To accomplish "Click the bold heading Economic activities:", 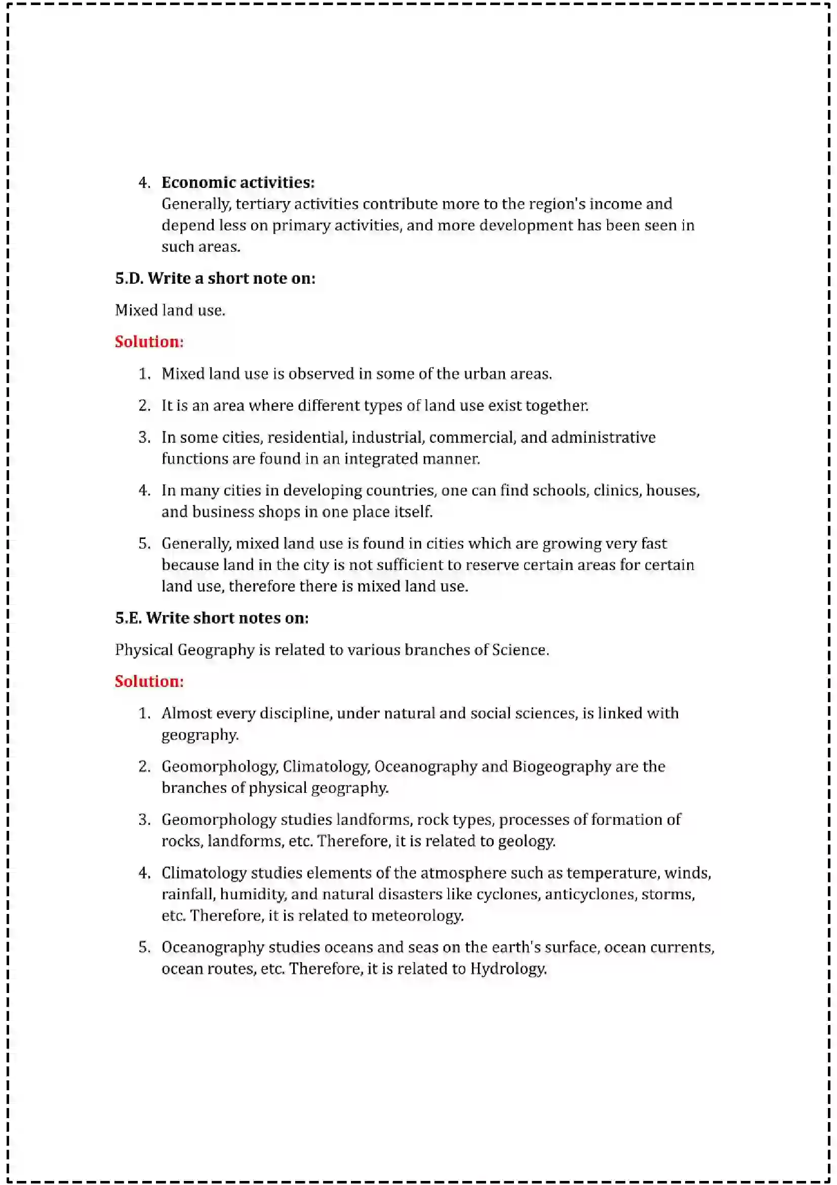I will [x=238, y=182].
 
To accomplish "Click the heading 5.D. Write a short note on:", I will [x=215, y=278].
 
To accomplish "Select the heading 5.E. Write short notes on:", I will [x=212, y=618].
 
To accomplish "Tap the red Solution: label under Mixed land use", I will [x=149, y=341].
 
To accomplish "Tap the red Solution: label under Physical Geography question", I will [x=149, y=681].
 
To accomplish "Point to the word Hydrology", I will [x=507, y=969].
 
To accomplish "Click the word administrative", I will [x=604, y=437].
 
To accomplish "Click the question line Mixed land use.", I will [x=170, y=310].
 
